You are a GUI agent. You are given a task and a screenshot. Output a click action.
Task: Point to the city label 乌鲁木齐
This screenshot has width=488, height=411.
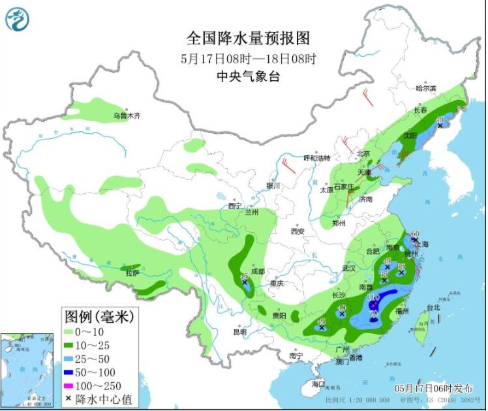(127, 116)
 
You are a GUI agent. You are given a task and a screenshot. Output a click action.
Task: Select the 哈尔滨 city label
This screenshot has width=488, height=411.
(426, 88)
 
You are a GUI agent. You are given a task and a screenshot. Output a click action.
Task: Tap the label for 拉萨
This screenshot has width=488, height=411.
(132, 273)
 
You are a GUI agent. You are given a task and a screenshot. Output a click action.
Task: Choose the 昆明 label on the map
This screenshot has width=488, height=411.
(239, 332)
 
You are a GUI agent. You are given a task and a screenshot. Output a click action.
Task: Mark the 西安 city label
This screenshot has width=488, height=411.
(298, 231)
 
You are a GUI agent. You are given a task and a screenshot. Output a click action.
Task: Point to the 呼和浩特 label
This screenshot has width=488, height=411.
(317, 158)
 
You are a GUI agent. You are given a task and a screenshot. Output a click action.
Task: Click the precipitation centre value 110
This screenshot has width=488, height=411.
(373, 297)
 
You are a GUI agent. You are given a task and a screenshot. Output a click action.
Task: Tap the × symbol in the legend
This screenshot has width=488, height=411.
(69, 399)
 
